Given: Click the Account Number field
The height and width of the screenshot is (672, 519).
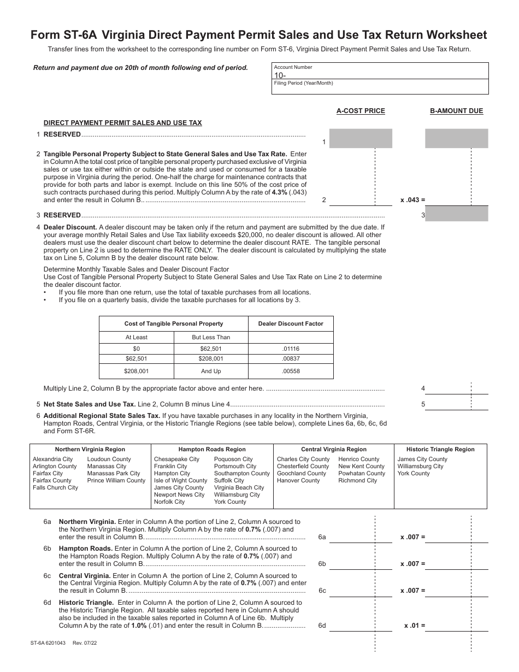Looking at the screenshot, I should (380, 72).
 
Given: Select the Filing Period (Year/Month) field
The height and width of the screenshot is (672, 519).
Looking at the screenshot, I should (380, 87).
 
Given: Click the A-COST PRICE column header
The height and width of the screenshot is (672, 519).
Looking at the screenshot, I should (361, 111).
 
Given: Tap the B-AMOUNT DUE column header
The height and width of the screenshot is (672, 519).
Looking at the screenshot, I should (456, 111).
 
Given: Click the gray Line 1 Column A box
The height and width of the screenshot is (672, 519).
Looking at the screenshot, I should (361, 138).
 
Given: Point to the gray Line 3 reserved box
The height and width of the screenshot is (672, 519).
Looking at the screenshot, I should (457, 214).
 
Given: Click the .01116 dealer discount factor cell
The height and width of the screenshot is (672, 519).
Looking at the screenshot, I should (291, 349).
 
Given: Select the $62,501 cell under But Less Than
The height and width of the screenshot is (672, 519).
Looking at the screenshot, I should (211, 349).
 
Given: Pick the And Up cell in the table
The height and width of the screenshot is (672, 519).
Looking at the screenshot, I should (211, 371).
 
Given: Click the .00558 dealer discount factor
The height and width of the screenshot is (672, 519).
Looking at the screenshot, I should (291, 371).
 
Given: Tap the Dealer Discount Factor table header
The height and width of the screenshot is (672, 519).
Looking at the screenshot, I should (291, 323).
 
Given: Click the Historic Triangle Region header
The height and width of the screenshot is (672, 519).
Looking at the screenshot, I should (440, 449).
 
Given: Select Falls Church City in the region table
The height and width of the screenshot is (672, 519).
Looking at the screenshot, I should (55, 487).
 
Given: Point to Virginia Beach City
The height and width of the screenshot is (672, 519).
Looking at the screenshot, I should (239, 487).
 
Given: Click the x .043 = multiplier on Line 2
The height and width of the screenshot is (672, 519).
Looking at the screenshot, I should (412, 200).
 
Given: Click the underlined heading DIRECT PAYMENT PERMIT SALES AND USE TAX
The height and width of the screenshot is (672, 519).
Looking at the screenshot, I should (122, 123).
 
